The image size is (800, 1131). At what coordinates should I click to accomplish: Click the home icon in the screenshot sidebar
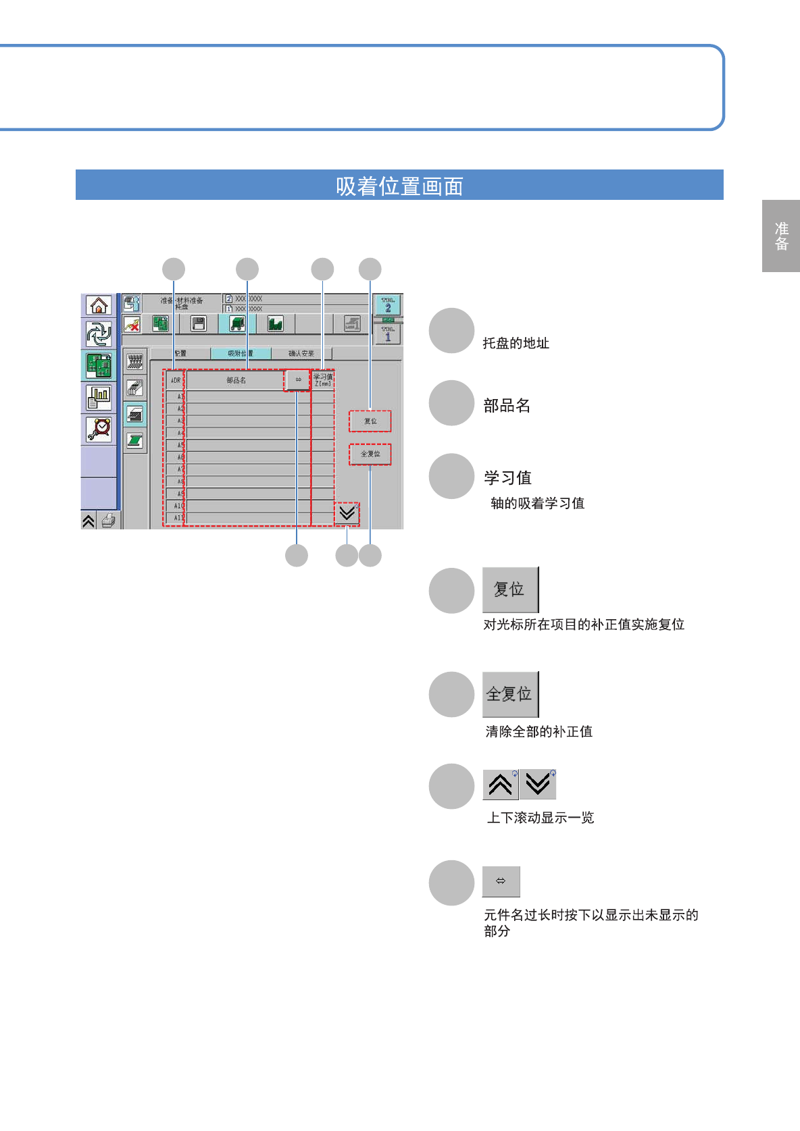pyautogui.click(x=99, y=306)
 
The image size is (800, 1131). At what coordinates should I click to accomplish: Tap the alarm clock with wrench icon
pyautogui.click(x=99, y=429)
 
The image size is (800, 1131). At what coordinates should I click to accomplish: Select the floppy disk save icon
pyautogui.click(x=199, y=324)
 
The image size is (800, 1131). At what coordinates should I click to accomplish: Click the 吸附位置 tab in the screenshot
pyautogui.click(x=241, y=353)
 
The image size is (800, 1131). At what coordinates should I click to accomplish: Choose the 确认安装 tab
pyautogui.click(x=301, y=353)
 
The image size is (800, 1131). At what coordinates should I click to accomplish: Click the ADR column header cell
pyautogui.click(x=175, y=381)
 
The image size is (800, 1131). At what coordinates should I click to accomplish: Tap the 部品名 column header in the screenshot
pyautogui.click(x=236, y=381)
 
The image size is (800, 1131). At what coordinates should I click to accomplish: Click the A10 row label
pyautogui.click(x=178, y=506)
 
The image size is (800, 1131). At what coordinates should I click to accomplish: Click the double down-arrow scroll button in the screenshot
pyautogui.click(x=347, y=514)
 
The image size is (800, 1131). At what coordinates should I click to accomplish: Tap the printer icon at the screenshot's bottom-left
pyautogui.click(x=108, y=521)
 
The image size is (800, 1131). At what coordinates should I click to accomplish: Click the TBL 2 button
pyautogui.click(x=388, y=305)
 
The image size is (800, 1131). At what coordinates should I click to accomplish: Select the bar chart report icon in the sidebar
pyautogui.click(x=99, y=397)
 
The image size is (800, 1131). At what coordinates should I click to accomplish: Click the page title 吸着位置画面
pyautogui.click(x=399, y=186)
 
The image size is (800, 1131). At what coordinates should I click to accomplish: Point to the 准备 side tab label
pyautogui.click(x=782, y=236)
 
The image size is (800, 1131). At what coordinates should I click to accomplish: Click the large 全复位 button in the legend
pyautogui.click(x=510, y=694)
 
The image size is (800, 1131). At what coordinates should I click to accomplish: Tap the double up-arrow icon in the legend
pyautogui.click(x=501, y=785)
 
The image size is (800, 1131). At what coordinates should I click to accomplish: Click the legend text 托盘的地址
pyautogui.click(x=516, y=344)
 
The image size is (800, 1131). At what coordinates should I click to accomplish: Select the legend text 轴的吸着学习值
pyautogui.click(x=537, y=504)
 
